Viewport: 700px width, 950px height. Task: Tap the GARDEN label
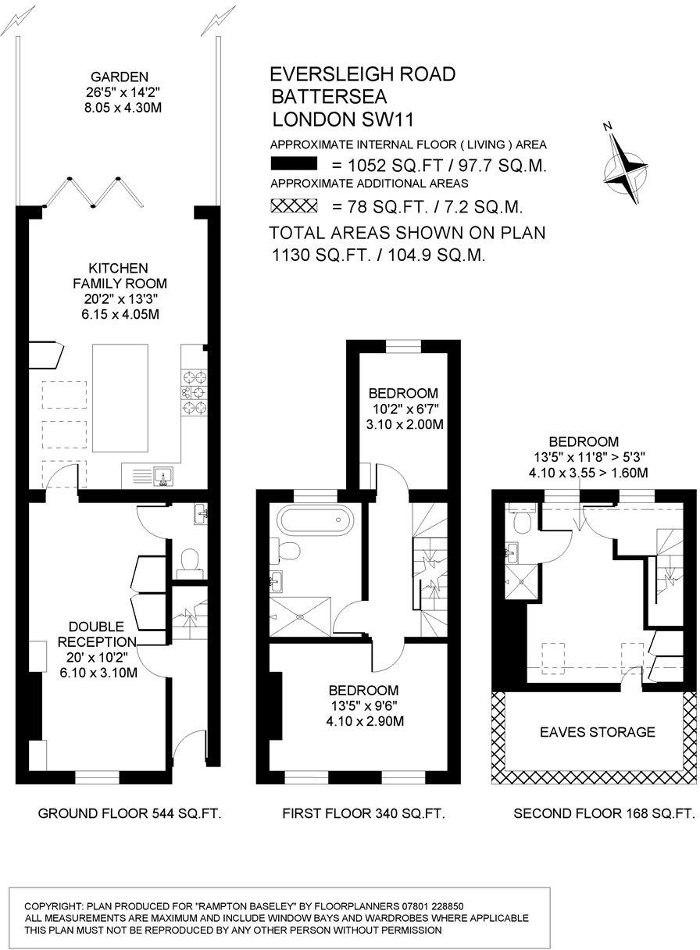click(x=120, y=77)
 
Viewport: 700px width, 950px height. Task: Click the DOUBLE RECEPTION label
click(x=97, y=634)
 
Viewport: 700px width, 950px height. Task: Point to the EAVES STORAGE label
click(x=598, y=732)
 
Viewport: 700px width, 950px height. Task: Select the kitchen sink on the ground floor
click(x=165, y=474)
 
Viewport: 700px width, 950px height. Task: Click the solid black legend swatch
click(x=293, y=164)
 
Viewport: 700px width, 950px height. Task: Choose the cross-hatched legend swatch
click(x=293, y=206)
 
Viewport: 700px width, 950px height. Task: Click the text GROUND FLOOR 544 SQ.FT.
click(x=130, y=813)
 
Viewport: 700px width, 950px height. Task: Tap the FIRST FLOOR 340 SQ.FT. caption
click(x=363, y=813)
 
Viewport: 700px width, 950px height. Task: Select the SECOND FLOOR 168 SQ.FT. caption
click(x=604, y=813)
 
